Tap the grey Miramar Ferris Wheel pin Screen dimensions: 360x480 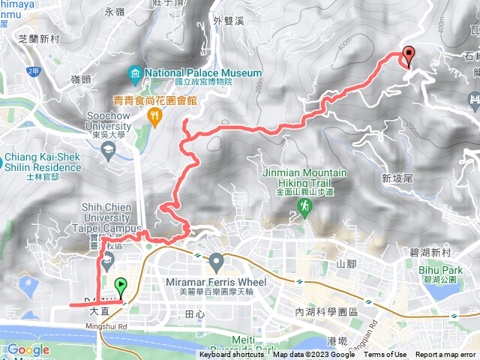[217, 262]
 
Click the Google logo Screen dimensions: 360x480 [28, 349]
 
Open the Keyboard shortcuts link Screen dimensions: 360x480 [232, 355]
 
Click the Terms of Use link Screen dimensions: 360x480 [385, 355]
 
